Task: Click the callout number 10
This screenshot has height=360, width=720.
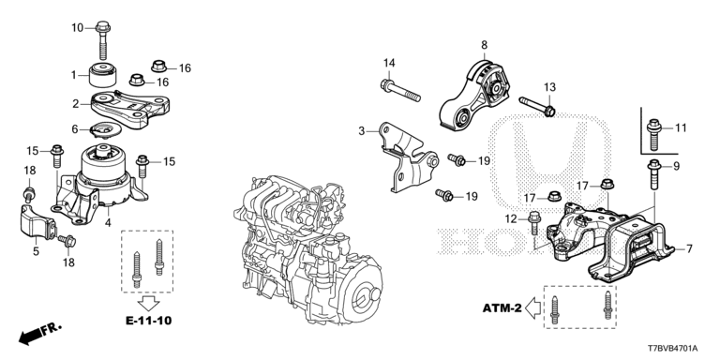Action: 78,27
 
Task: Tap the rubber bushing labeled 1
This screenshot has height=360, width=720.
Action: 100,72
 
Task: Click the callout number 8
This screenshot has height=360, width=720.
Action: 484,44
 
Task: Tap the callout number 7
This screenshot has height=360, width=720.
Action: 689,248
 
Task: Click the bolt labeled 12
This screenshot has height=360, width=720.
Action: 535,226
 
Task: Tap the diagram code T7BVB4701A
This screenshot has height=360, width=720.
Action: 679,347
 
